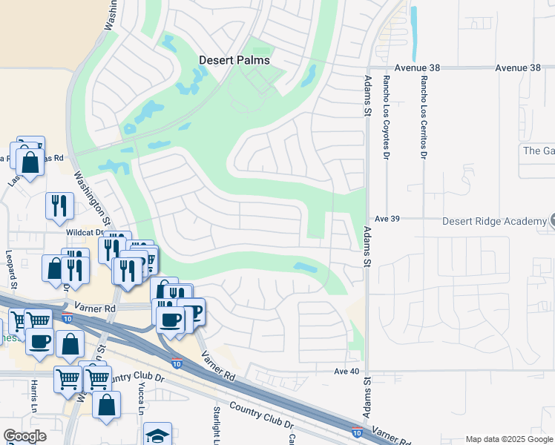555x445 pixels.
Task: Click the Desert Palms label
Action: [x=234, y=60]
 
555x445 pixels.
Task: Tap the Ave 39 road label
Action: [x=387, y=219]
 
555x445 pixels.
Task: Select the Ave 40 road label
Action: [x=347, y=371]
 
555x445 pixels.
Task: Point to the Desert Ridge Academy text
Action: [x=494, y=221]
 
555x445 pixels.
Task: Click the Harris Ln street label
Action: [x=34, y=398]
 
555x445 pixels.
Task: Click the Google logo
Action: [x=25, y=436]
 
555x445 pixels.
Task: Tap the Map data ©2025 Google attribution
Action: [x=509, y=439]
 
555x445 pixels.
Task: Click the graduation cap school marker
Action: [x=157, y=435]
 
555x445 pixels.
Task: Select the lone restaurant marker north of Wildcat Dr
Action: [x=59, y=205]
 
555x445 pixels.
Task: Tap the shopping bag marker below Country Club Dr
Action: [x=107, y=405]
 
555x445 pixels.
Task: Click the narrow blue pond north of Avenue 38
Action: [x=414, y=33]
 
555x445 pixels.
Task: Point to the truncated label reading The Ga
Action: [x=539, y=151]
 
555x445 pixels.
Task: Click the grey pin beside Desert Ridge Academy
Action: [x=551, y=220]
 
